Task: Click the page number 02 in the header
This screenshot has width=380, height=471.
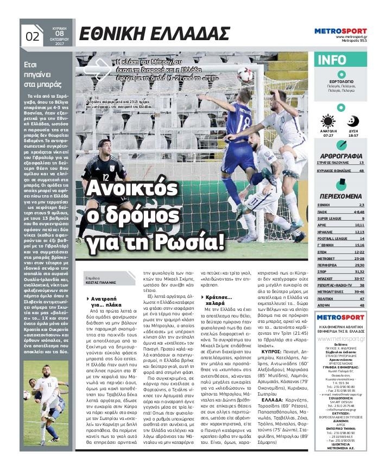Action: [33, 36]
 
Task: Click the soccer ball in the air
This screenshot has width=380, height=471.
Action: [245, 74]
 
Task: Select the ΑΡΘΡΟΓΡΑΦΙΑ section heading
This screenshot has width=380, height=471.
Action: [340, 156]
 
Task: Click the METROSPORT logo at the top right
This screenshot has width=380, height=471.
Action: [340, 31]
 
